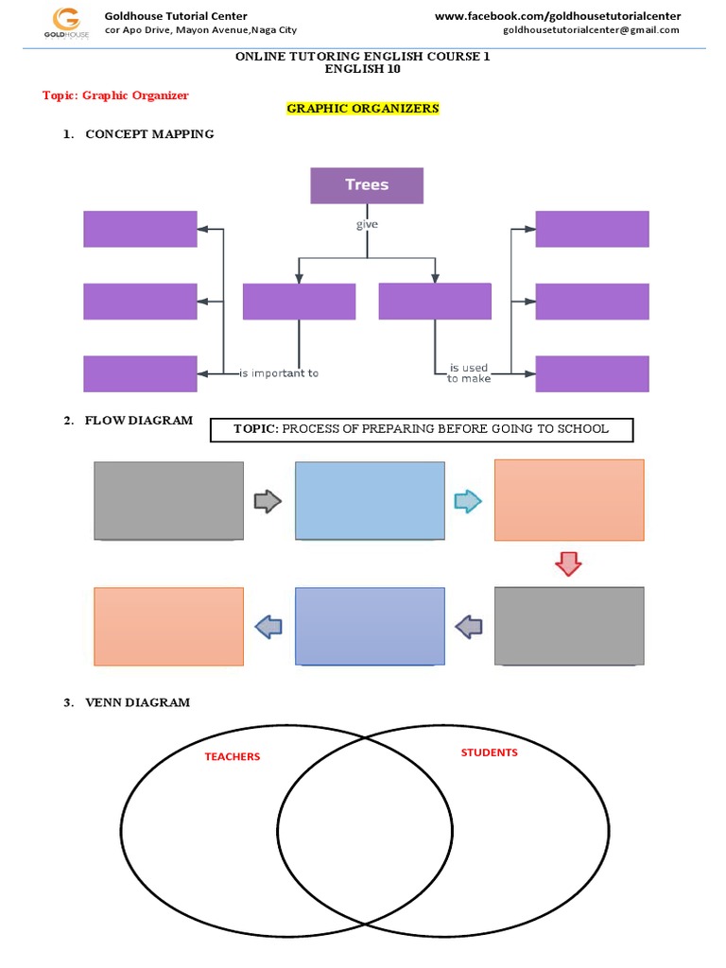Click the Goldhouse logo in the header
pyautogui.click(x=66, y=22)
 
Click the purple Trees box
pyautogui.click(x=367, y=185)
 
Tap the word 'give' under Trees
pyautogui.click(x=367, y=225)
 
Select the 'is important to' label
pyautogui.click(x=279, y=373)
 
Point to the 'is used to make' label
pyautogui.click(x=468, y=373)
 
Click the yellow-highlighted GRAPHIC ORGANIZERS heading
pyautogui.click(x=363, y=109)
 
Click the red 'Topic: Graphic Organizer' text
pyautogui.click(x=115, y=95)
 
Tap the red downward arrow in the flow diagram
pyautogui.click(x=568, y=564)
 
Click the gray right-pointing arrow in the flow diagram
pyautogui.click(x=268, y=501)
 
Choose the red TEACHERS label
pyautogui.click(x=233, y=756)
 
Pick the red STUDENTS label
pyautogui.click(x=489, y=752)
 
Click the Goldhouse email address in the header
pyautogui.click(x=591, y=30)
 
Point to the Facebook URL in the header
pyautogui.click(x=557, y=16)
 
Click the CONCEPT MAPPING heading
pyautogui.click(x=149, y=134)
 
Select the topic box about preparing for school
pyautogui.click(x=421, y=429)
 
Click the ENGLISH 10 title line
pyautogui.click(x=362, y=69)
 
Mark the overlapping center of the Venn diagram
pyautogui.click(x=364, y=832)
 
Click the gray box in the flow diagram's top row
pyautogui.click(x=169, y=500)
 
